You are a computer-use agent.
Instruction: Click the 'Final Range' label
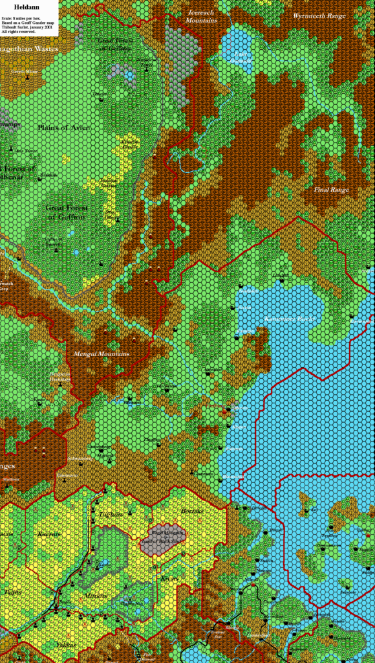pyautogui.click(x=331, y=190)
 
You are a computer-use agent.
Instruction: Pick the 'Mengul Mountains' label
pyautogui.click(x=102, y=354)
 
